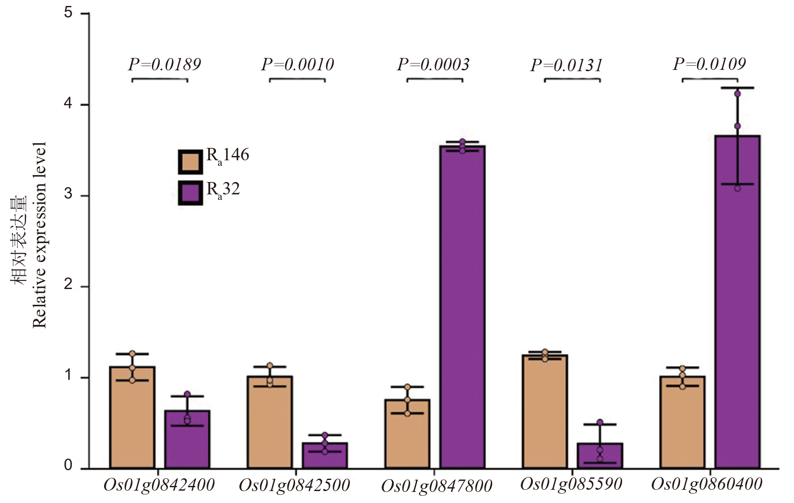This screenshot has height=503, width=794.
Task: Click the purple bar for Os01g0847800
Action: tap(462, 307)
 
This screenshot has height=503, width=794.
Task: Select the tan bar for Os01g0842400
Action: tap(132, 418)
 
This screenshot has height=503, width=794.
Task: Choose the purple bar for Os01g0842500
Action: tap(324, 456)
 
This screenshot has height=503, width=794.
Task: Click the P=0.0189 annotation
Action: tap(164, 65)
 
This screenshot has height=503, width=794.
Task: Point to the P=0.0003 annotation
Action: tap(433, 65)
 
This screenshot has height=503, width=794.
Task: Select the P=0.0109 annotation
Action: tap(709, 64)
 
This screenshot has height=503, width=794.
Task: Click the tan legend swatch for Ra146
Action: tap(190, 162)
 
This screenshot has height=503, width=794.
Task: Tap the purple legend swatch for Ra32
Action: tap(190, 193)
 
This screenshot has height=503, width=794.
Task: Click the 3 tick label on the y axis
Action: tap(68, 194)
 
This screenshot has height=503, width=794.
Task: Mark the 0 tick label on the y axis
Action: tap(68, 465)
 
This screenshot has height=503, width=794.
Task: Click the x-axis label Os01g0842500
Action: tap(295, 486)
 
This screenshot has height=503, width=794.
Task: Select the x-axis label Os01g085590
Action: tap(571, 484)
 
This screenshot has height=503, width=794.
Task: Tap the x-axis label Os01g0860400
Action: tap(707, 484)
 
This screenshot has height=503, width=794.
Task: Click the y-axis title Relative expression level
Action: tap(39, 234)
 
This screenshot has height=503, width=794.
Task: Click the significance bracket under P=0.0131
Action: tap(572, 79)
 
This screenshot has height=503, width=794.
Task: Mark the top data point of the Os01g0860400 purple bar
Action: tap(737, 94)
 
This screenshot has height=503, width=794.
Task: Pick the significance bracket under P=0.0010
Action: tap(297, 79)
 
